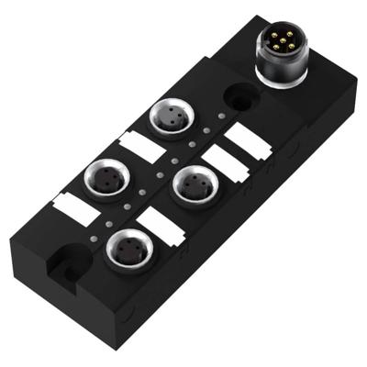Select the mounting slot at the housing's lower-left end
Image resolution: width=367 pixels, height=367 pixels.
66,267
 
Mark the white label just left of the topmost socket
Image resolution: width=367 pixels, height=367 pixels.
135,144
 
